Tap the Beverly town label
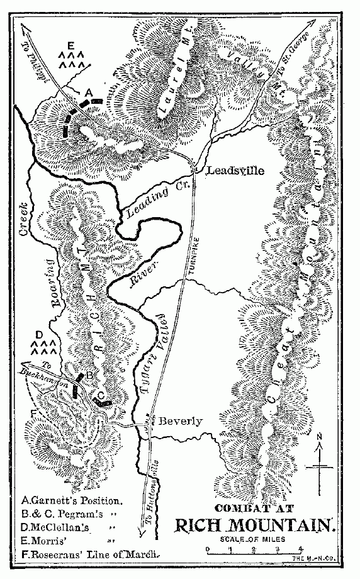(180, 421)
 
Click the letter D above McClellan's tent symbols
(39, 334)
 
